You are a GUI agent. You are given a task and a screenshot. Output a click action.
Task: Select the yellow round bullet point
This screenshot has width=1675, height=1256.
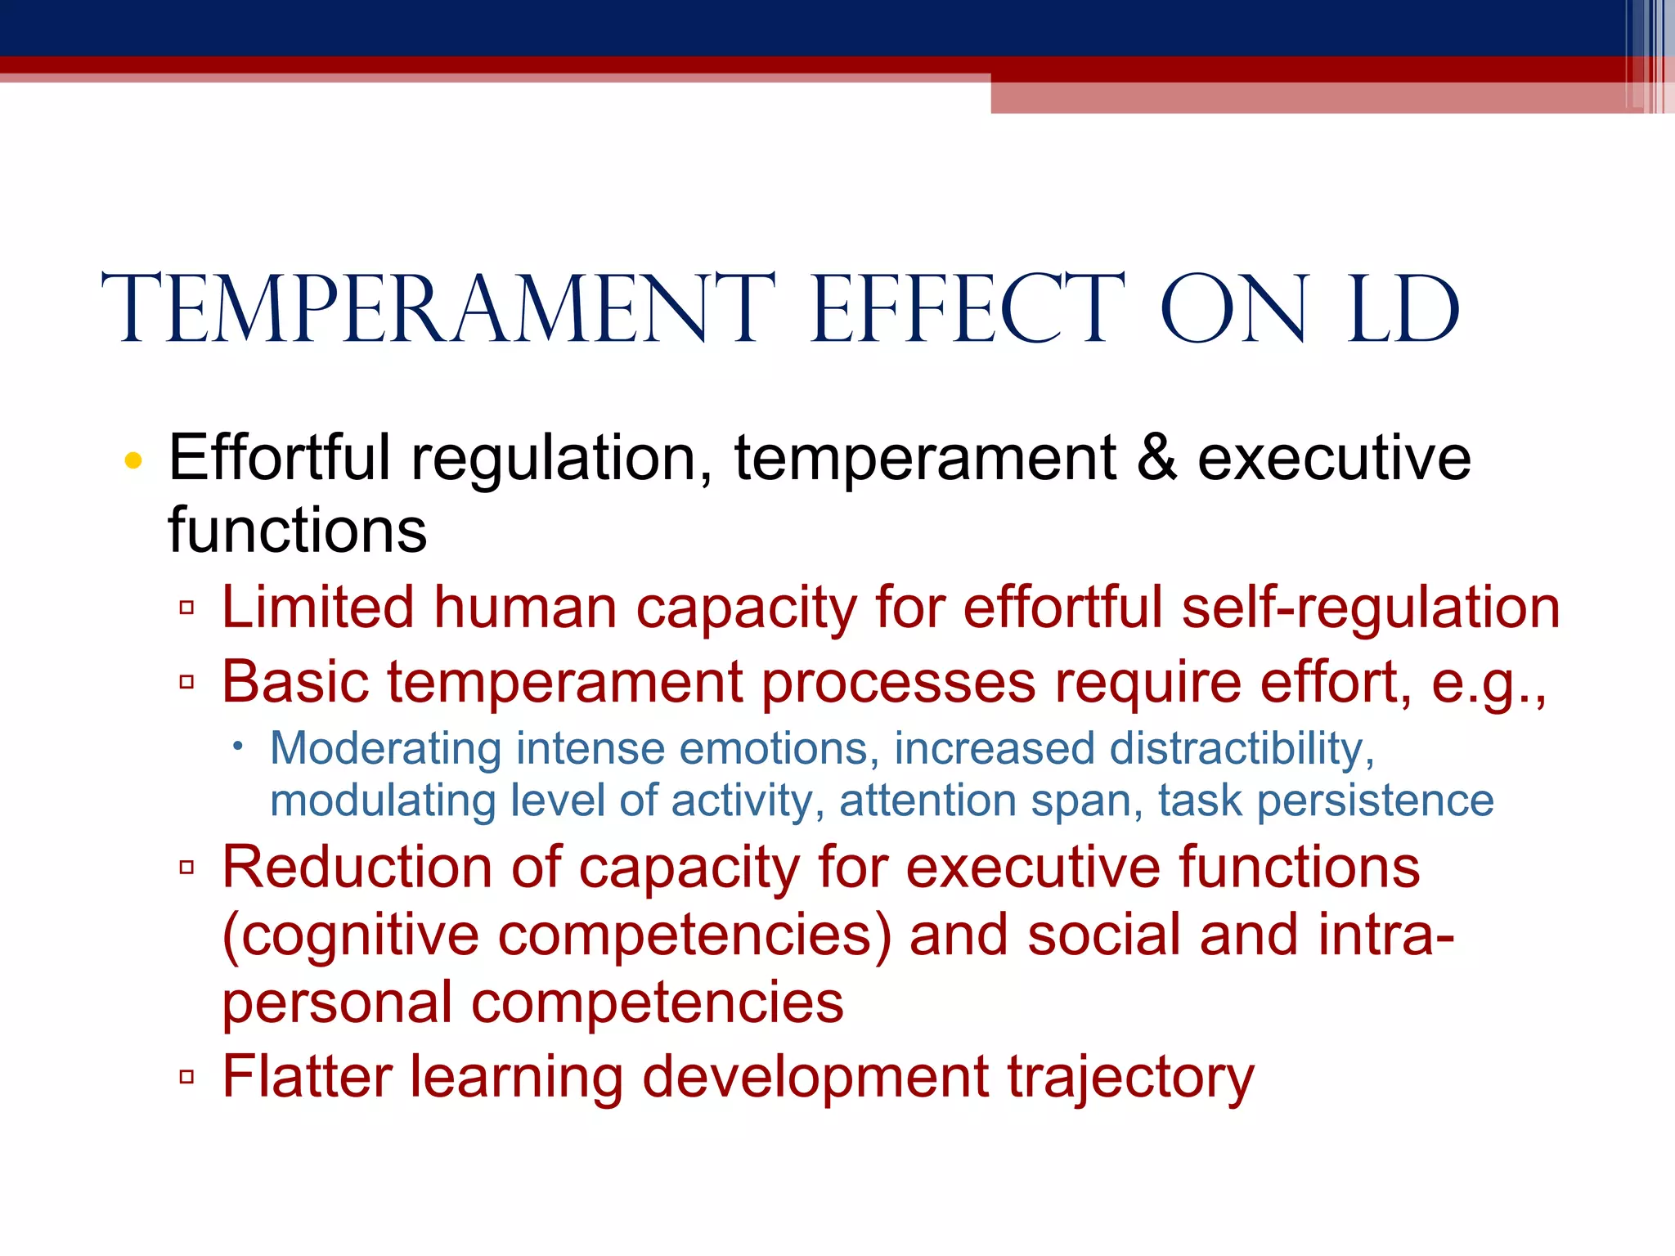133,460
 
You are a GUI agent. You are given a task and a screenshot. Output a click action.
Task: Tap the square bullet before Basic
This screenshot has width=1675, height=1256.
186,682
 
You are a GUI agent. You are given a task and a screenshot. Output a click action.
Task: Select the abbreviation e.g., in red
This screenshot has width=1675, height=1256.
1489,684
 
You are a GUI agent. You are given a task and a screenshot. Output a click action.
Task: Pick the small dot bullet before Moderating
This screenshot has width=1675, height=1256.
237,746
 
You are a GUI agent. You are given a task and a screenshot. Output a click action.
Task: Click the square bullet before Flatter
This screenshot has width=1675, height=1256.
186,1077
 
